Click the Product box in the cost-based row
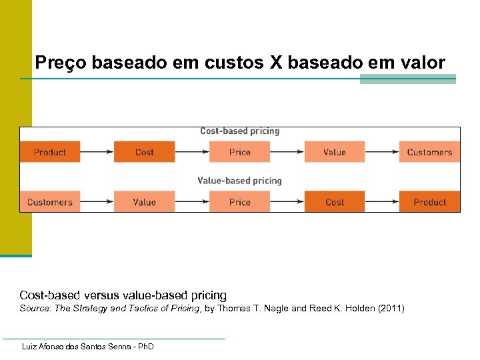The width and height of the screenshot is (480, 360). (50, 152)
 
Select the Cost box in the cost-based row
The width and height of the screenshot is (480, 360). (144, 152)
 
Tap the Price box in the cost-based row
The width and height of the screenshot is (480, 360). (239, 152)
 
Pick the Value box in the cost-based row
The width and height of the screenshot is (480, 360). (334, 152)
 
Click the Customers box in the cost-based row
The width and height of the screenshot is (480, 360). (429, 152)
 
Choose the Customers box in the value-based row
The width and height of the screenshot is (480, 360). (50, 202)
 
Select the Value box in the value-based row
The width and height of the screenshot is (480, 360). (144, 202)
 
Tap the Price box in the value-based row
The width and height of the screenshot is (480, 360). (239, 202)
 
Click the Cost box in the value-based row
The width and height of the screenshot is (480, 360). (334, 202)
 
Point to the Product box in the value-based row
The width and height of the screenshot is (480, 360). (429, 202)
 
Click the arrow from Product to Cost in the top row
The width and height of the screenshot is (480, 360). (97, 152)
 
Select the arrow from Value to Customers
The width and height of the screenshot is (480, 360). (381, 152)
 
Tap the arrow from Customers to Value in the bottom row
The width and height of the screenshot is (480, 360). (97, 202)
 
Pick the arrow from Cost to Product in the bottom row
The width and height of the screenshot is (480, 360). (381, 202)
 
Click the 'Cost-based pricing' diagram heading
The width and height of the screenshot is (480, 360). (239, 131)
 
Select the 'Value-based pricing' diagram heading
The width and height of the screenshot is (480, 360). (239, 181)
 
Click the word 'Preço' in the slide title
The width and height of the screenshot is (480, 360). (60, 63)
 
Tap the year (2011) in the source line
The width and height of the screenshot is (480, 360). (391, 309)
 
